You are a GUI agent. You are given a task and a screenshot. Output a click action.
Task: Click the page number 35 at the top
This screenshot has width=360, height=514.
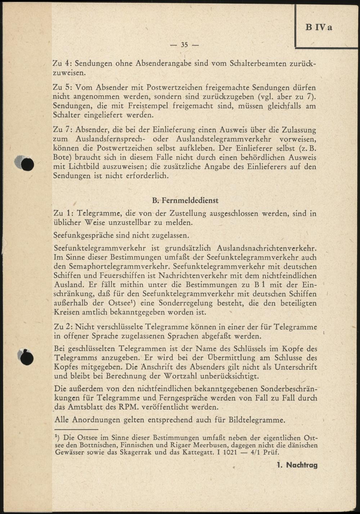coord(184,45)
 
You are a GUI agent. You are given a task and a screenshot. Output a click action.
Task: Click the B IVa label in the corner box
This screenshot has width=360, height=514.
coord(319,27)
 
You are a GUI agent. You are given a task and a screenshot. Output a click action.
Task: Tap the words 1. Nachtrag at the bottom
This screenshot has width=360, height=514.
coord(297,465)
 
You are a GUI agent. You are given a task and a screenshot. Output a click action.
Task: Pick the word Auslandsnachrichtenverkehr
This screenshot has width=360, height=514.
coord(267,248)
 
